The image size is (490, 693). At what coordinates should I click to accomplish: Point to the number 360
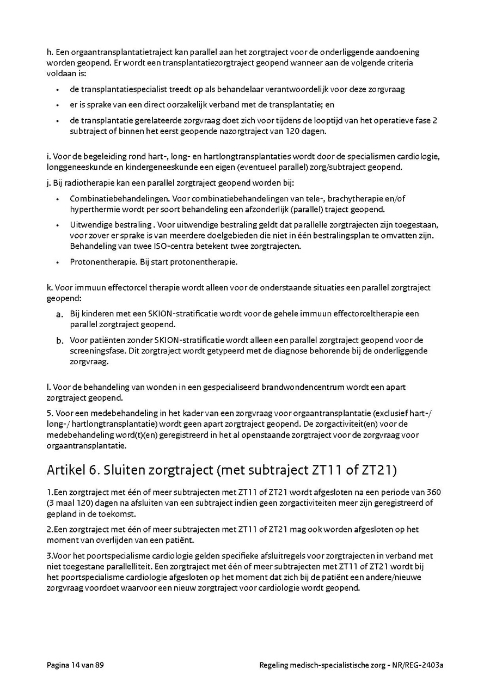[433, 492]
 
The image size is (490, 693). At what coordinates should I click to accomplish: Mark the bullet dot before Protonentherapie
[57, 262]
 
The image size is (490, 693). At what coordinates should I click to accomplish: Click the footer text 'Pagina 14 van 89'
[75, 665]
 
